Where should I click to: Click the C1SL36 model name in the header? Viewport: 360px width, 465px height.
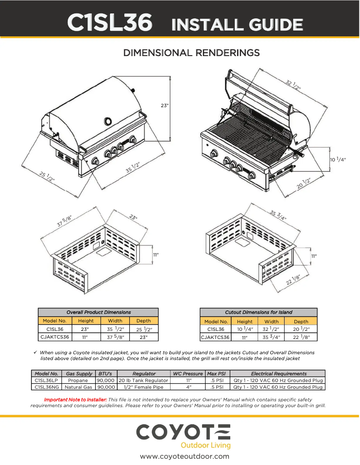pyautogui.click(x=110, y=23)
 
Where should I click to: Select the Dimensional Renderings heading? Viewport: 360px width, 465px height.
pyautogui.click(x=192, y=53)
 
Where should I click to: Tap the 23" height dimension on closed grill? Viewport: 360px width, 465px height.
pyautogui.click(x=165, y=105)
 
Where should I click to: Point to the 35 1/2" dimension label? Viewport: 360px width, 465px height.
pyautogui.click(x=133, y=167)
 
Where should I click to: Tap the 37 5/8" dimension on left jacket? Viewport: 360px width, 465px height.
pyautogui.click(x=64, y=221)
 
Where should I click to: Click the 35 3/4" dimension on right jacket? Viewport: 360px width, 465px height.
pyautogui.click(x=278, y=214)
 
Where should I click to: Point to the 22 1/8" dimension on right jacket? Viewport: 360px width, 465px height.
pyautogui.click(x=294, y=279)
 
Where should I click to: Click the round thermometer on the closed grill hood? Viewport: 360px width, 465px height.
pyautogui.click(x=109, y=121)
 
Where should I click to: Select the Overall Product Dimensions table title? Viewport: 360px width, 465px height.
pyautogui.click(x=98, y=312)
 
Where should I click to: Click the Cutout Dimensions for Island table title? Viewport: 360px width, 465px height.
pyautogui.click(x=258, y=312)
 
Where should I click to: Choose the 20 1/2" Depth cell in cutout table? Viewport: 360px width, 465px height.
pyautogui.click(x=301, y=329)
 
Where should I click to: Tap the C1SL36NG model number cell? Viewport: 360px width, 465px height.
pyautogui.click(x=46, y=387)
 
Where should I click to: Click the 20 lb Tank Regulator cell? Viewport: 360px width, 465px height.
pyautogui.click(x=143, y=380)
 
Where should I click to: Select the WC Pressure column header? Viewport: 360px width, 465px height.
pyautogui.click(x=188, y=374)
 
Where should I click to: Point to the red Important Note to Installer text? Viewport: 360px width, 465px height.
pyautogui.click(x=75, y=399)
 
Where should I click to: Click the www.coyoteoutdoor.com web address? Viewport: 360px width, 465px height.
pyautogui.click(x=184, y=456)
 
